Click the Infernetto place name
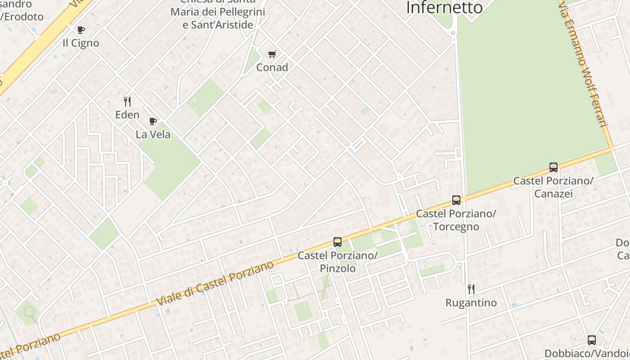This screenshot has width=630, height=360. click(444, 8)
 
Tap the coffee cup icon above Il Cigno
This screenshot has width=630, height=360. click(81, 30)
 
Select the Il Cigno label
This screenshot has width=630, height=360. click(81, 43)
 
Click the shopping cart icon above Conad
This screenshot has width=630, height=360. click(272, 54)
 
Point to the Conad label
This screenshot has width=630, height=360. click(272, 67)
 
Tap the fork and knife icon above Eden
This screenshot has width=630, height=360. click(127, 102)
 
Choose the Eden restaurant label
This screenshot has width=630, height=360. click(127, 115)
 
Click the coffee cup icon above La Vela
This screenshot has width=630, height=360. click(153, 121)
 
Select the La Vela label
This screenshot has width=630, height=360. click(153, 134)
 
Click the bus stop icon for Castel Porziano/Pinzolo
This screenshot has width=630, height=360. click(337, 242)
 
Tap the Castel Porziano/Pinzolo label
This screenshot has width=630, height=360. click(337, 262)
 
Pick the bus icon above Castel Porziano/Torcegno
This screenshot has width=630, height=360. click(456, 200)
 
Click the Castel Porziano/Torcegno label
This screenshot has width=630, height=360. click(456, 220)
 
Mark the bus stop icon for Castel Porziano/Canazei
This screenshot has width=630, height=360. click(553, 167)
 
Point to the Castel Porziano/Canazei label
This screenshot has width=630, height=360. click(553, 187)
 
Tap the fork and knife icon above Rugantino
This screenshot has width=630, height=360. click(471, 289)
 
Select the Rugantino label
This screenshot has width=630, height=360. click(471, 303)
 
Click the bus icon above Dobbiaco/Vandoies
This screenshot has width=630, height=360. click(592, 340)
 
